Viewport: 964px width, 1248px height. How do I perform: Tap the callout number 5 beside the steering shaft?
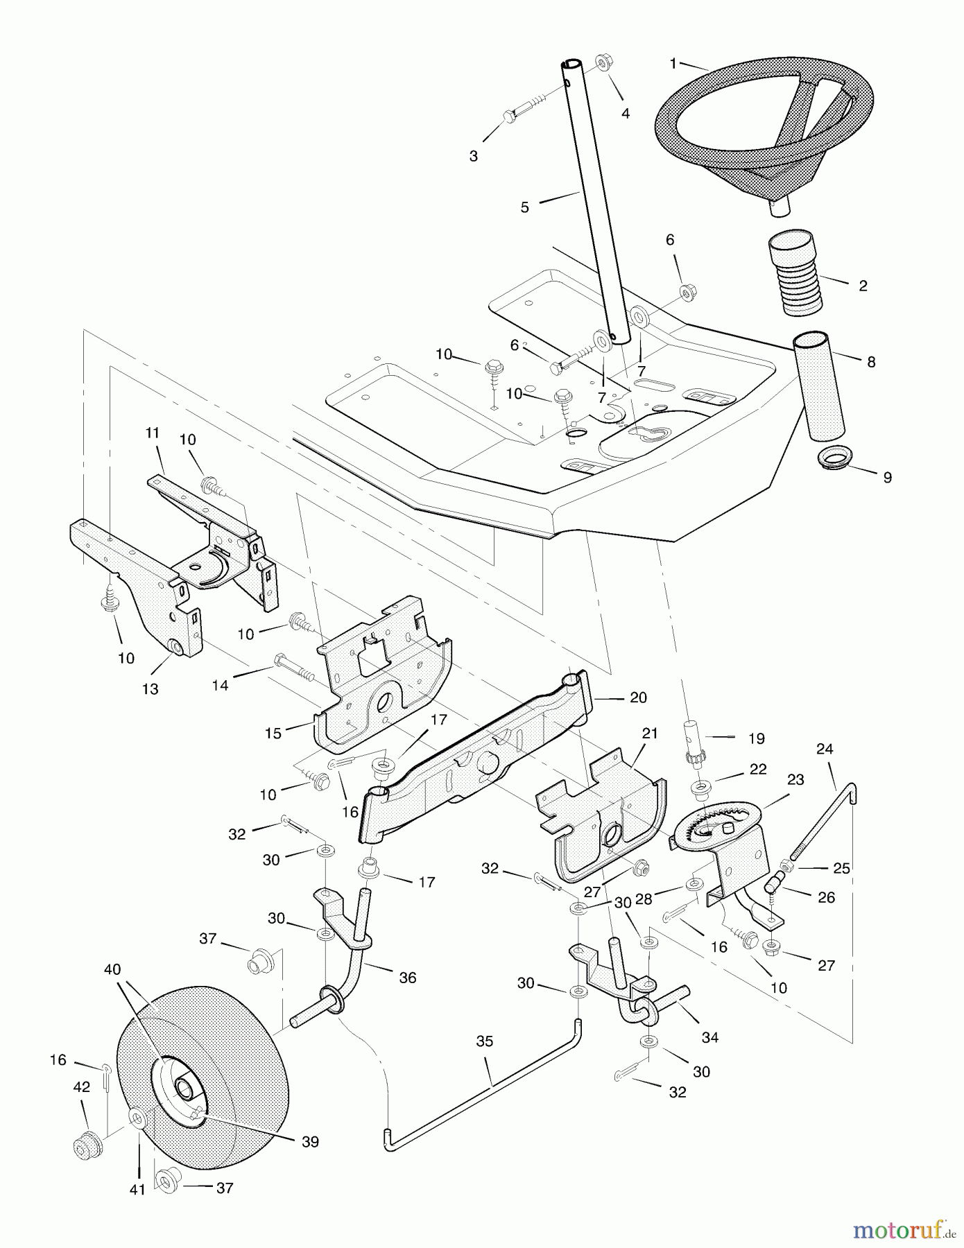pyautogui.click(x=525, y=207)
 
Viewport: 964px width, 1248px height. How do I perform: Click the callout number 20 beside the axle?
pyautogui.click(x=638, y=697)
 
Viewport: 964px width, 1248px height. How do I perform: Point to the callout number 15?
pyautogui.click(x=273, y=734)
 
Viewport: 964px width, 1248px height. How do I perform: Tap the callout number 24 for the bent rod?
pyautogui.click(x=825, y=749)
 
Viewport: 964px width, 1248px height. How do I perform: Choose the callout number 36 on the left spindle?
pyautogui.click(x=408, y=978)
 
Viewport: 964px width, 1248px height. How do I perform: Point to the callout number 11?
pyautogui.click(x=153, y=433)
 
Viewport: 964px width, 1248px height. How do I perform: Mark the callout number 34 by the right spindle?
pyautogui.click(x=709, y=1038)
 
